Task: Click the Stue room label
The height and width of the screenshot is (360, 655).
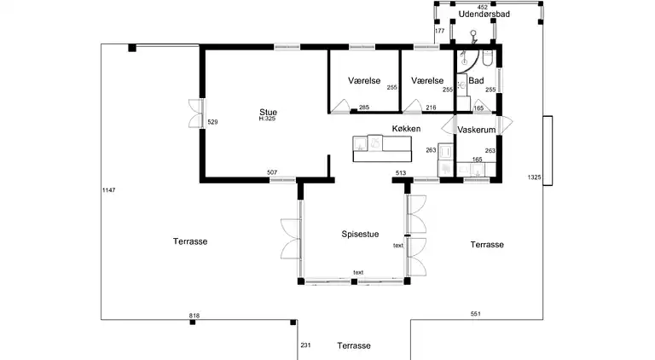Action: point(268,112)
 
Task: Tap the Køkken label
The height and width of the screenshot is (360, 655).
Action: point(406,129)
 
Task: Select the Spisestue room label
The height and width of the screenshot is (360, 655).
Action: point(360,234)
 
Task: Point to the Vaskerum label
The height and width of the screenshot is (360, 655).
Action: point(477,130)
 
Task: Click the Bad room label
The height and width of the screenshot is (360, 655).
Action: point(476,80)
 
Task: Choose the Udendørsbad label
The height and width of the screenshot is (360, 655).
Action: point(484,15)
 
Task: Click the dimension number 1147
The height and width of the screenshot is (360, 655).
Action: point(108,190)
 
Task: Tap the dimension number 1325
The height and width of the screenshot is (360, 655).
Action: point(534,177)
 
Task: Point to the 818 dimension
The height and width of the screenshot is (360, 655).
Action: point(194,316)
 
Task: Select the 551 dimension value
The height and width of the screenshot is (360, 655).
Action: point(475,314)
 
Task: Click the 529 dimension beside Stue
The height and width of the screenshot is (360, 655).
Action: point(212,122)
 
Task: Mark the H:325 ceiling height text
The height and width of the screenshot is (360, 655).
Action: point(267,119)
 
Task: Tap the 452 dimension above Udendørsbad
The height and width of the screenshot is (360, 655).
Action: point(483,7)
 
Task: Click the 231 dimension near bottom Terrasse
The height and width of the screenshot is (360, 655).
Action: point(306,345)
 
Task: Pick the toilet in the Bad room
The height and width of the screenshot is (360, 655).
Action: point(488,58)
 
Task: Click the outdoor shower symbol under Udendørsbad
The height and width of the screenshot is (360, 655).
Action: point(473,37)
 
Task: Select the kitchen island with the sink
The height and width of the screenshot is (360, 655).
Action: point(382,148)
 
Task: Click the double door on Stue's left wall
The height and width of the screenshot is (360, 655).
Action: point(196,113)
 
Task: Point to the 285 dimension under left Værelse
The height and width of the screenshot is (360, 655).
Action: point(364,107)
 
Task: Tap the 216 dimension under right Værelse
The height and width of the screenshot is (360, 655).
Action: point(431,107)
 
